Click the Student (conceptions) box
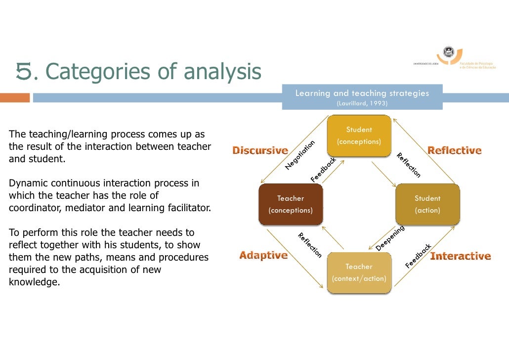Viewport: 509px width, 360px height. pyautogui.click(x=359, y=136)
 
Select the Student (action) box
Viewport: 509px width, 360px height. pyautogui.click(x=427, y=204)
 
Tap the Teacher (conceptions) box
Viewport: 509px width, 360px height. pyautogui.click(x=291, y=204)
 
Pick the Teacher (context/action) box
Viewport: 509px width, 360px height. pyautogui.click(x=359, y=272)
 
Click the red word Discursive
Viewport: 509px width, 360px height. pyautogui.click(x=260, y=150)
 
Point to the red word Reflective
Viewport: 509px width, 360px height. pyautogui.click(x=454, y=150)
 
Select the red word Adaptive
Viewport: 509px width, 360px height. pyautogui.click(x=263, y=255)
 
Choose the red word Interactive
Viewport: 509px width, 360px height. pyautogui.click(x=460, y=256)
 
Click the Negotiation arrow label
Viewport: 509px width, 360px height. pyautogui.click(x=300, y=155)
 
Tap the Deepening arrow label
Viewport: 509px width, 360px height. pyautogui.click(x=390, y=238)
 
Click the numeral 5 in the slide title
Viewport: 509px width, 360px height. pyautogui.click(x=24, y=72)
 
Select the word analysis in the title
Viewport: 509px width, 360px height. pyautogui.click(x=222, y=72)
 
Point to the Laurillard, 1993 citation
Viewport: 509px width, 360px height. pyautogui.click(x=362, y=103)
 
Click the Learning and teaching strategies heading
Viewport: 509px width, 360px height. pyautogui.click(x=362, y=93)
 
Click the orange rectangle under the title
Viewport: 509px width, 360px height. pyautogui.click(x=15, y=98)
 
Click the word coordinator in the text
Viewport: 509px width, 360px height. pyautogui.click(x=32, y=208)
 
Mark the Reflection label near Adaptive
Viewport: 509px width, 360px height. pyautogui.click(x=309, y=245)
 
